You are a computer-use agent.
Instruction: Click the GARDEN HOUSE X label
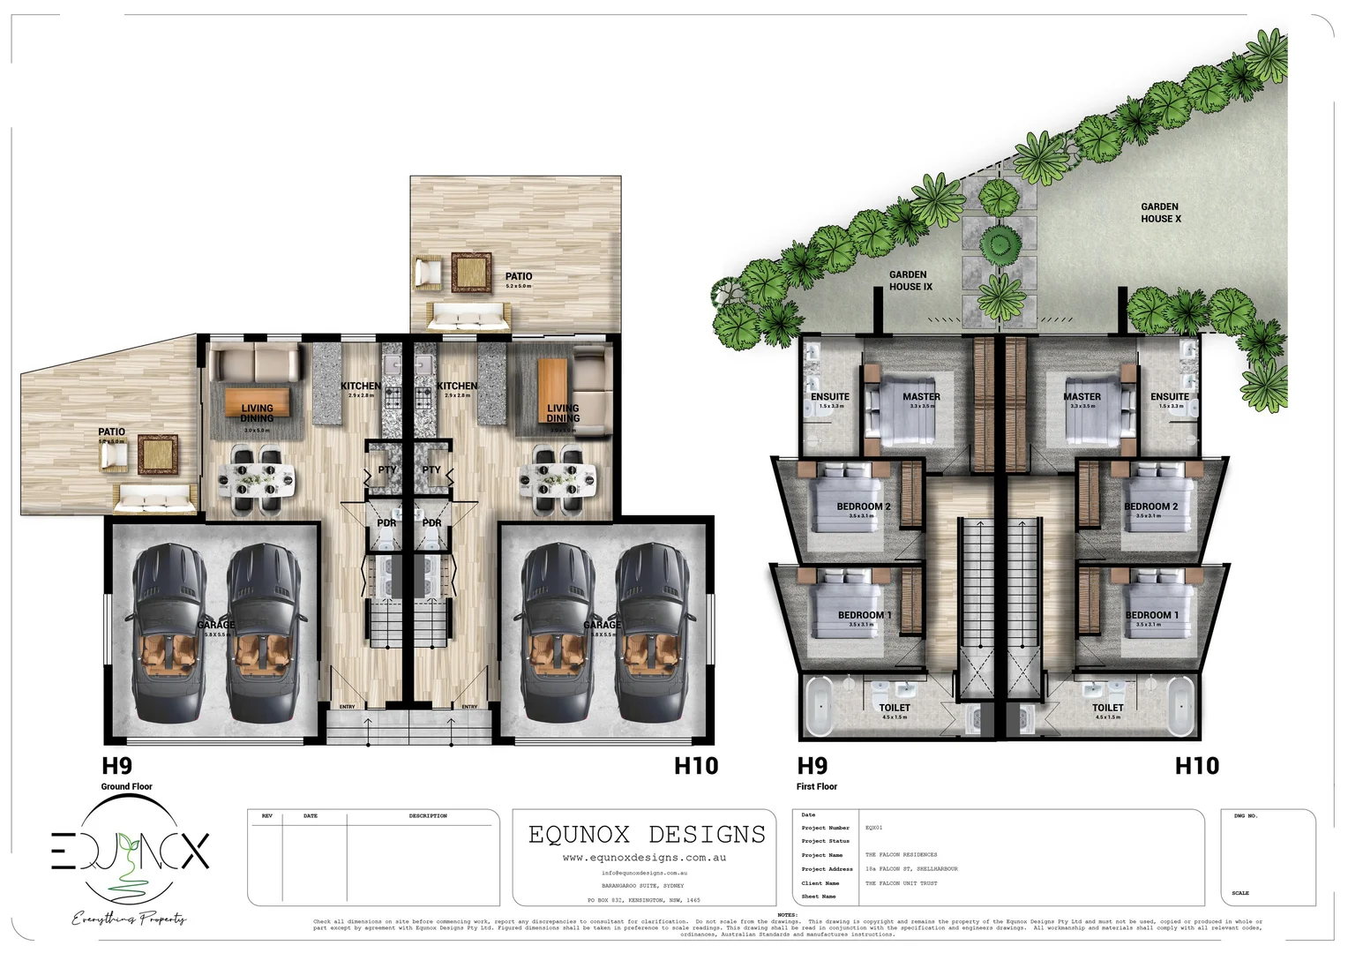pyautogui.click(x=1160, y=213)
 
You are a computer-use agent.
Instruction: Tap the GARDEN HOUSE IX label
pyautogui.click(x=910, y=281)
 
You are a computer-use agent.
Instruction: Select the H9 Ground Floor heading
pyautogui.click(x=116, y=765)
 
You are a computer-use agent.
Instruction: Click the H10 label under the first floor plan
pyautogui.click(x=1196, y=765)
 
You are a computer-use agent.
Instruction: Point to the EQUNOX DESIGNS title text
pyautogui.click(x=647, y=834)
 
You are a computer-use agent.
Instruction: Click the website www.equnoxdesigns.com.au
pyautogui.click(x=644, y=857)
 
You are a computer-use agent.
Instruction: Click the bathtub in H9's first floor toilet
pyautogui.click(x=820, y=705)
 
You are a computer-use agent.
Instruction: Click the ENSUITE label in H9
pyautogui.click(x=830, y=396)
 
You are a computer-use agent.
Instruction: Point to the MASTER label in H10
pyautogui.click(x=1082, y=396)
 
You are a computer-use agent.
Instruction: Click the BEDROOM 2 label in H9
pyautogui.click(x=863, y=507)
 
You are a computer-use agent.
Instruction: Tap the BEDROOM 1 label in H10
pyautogui.click(x=1148, y=615)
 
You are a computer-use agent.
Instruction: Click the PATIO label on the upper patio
pyautogui.click(x=519, y=276)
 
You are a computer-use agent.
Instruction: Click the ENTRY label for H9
pyautogui.click(x=348, y=707)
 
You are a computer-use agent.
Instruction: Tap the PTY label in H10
pyautogui.click(x=431, y=469)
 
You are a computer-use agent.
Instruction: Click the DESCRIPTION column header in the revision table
pyautogui.click(x=428, y=816)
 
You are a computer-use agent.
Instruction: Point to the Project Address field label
pyautogui.click(x=828, y=868)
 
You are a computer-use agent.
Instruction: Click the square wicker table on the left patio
pyautogui.click(x=156, y=454)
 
